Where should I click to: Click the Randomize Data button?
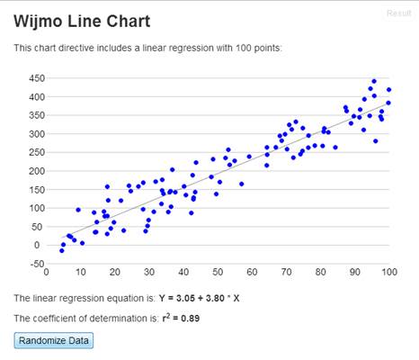tap(54, 340)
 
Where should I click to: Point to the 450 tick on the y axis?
tap(37, 78)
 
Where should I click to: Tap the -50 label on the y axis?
tap(37, 264)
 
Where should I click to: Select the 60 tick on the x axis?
tap(252, 272)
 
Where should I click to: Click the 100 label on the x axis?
tap(388, 272)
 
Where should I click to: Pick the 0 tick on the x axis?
tap(47, 272)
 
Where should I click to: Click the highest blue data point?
tap(374, 81)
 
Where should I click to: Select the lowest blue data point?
tap(62, 250)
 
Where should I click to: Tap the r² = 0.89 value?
tap(181, 318)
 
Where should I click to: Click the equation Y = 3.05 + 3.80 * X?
tap(200, 298)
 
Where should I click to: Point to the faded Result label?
tap(399, 13)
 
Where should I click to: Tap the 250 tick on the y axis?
tap(37, 152)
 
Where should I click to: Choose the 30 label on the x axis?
tap(149, 272)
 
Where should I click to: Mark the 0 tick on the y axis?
tap(37, 246)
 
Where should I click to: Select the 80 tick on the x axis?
tap(320, 272)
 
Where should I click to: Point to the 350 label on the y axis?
tap(37, 115)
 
